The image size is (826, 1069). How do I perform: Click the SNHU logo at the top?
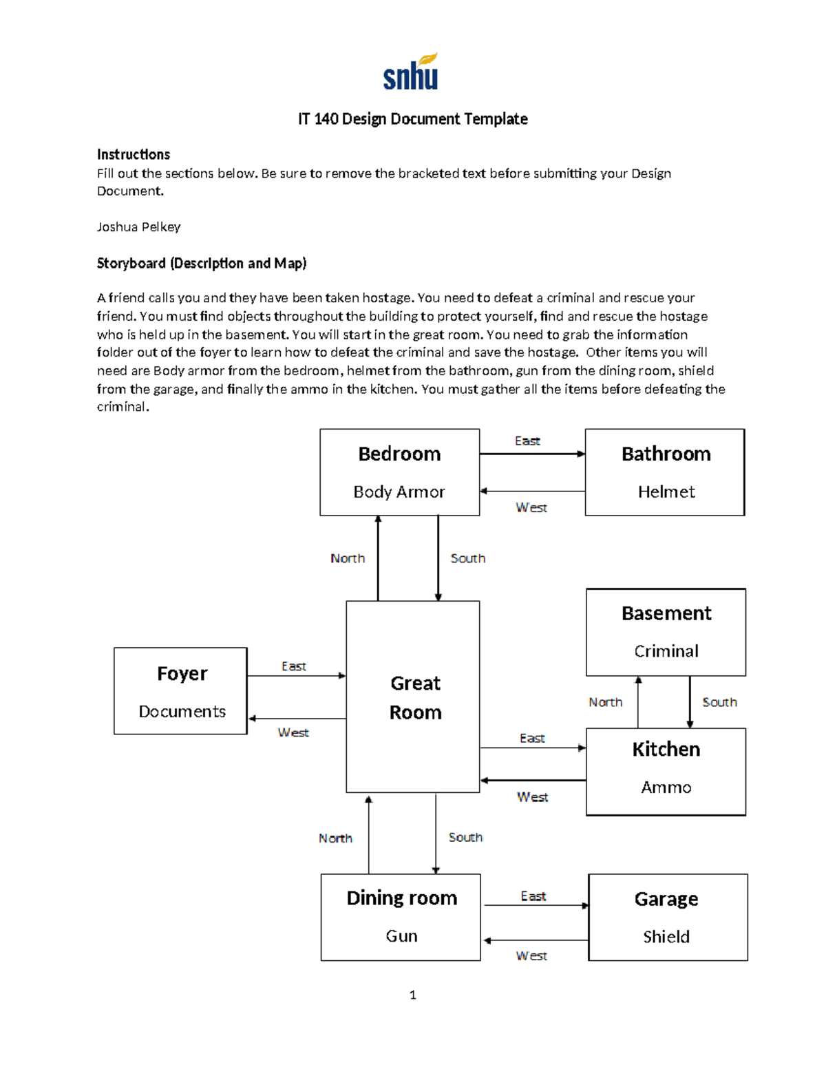[411, 72]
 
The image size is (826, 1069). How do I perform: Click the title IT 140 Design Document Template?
[412, 119]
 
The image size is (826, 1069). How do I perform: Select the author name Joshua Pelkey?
[138, 226]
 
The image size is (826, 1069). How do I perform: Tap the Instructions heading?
[133, 154]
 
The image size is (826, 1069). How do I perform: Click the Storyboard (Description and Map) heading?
[201, 263]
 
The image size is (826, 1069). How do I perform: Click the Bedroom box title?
[399, 454]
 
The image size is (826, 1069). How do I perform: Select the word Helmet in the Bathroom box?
[666, 491]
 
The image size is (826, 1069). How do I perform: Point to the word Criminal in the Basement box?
[666, 650]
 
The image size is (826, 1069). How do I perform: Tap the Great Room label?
[415, 697]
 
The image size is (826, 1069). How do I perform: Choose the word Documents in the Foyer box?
[182, 711]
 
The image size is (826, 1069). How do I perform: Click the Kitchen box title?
[666, 749]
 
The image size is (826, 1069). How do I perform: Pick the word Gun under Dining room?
[401, 935]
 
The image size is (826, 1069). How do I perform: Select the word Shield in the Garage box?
[666, 936]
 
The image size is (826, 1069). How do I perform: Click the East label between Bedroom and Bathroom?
[527, 441]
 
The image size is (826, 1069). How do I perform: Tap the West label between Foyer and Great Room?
[293, 732]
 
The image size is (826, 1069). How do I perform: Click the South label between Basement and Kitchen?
[719, 702]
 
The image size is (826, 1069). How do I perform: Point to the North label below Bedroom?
[348, 558]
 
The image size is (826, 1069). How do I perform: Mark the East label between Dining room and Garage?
[533, 896]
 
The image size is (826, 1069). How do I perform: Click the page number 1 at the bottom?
[412, 995]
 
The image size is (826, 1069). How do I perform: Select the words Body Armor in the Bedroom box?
[399, 491]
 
